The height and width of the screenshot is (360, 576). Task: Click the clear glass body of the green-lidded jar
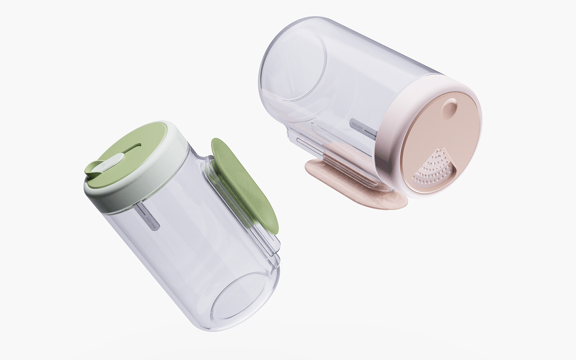click(185, 255)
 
